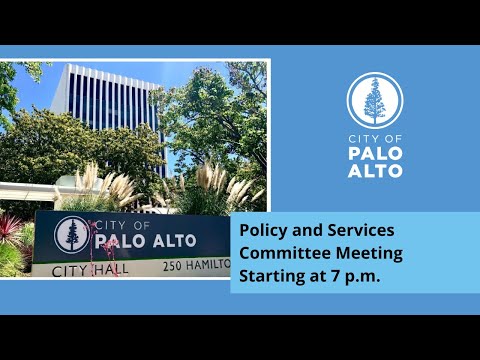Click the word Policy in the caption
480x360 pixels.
(x=264, y=231)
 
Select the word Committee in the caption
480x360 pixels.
(x=285, y=253)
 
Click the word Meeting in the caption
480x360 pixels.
(x=369, y=254)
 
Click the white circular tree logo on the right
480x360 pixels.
(x=375, y=100)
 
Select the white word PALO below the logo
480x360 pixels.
(x=375, y=153)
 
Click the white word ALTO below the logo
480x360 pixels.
(x=375, y=171)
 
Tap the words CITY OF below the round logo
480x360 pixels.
(x=375, y=139)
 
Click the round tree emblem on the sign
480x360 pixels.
(x=72, y=235)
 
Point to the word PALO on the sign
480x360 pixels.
(x=120, y=241)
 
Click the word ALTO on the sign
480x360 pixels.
(x=174, y=241)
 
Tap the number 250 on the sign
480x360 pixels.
(x=173, y=266)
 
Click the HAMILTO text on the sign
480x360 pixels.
(x=208, y=265)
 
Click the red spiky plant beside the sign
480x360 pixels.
(x=10, y=228)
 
